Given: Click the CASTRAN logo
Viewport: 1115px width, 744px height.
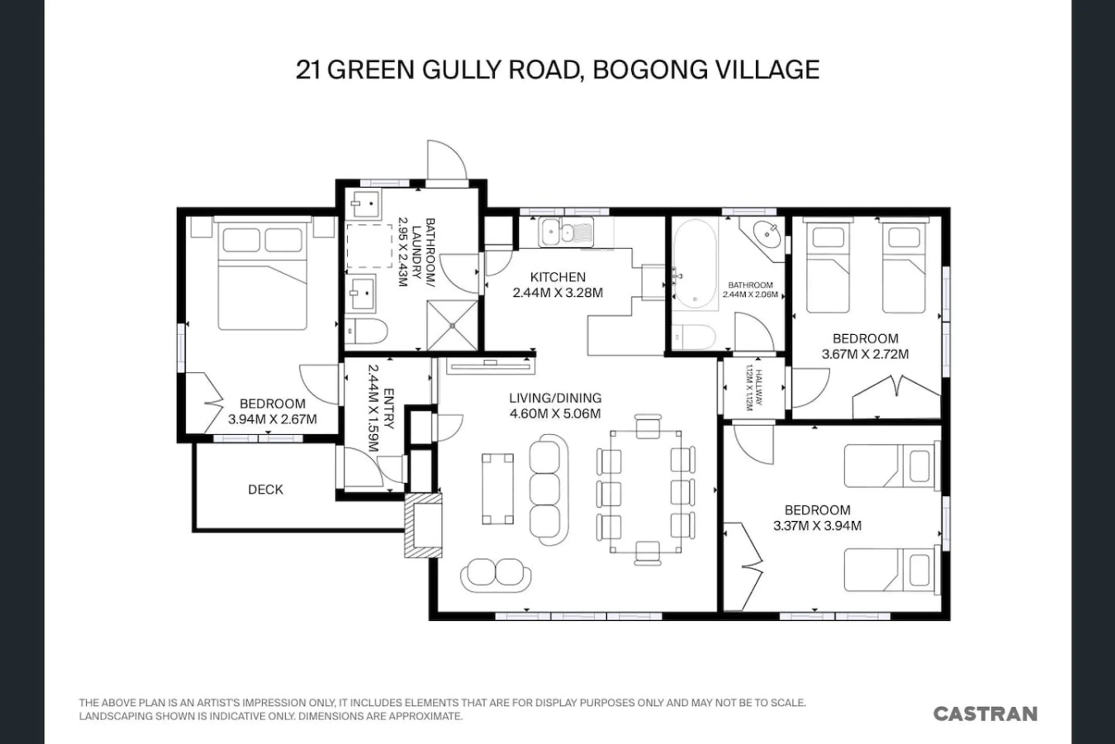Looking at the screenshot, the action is coord(985,714).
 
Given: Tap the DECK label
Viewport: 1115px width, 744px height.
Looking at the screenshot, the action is coord(265,489).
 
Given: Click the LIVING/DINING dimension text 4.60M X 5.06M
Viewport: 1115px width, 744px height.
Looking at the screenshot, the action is coord(555,413).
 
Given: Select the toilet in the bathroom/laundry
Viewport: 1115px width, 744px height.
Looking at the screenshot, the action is coord(366,331).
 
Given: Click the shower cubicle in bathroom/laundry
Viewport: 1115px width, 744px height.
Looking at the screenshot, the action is coord(452,325).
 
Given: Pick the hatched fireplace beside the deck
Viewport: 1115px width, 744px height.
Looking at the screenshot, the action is coord(423,525).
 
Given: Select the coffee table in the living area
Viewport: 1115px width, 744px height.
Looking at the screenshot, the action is coord(498,489).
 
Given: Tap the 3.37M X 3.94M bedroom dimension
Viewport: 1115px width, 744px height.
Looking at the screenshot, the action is coord(817,526).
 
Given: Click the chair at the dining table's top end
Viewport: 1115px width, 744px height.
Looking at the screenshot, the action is coord(648,425).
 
